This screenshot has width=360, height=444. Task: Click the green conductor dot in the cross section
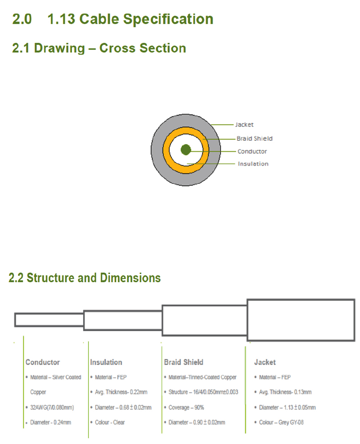[x=186, y=150]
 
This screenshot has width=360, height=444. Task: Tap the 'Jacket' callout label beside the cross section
[x=244, y=125]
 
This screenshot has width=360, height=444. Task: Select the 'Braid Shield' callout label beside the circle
[x=254, y=139]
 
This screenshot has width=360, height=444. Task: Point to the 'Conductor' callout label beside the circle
[x=252, y=152]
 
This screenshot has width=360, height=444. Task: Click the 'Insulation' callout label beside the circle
[x=253, y=164]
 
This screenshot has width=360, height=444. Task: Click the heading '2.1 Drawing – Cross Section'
[x=99, y=48]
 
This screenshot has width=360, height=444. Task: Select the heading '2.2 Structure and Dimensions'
[x=85, y=278]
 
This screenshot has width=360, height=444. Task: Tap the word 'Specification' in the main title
[x=168, y=20]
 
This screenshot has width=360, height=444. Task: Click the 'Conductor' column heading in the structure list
[x=42, y=362]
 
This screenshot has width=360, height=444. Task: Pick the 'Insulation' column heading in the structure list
[x=106, y=362]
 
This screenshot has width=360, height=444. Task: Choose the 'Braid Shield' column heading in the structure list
[x=184, y=362]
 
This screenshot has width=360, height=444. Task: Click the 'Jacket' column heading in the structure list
[x=265, y=362]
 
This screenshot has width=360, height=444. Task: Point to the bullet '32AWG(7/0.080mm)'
[x=52, y=408]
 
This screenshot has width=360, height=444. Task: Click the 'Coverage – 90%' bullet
[x=186, y=408]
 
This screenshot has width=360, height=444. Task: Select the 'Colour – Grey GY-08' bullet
[x=281, y=422]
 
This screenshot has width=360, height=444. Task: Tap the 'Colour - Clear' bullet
[x=110, y=422]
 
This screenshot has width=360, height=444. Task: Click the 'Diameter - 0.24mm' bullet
[x=50, y=422]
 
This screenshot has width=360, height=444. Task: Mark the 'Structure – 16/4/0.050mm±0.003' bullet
[x=203, y=392]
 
